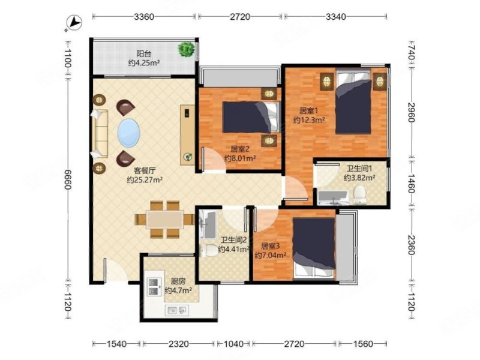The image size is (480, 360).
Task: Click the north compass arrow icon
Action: click(x=74, y=23)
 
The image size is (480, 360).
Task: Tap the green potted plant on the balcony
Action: click(x=187, y=49)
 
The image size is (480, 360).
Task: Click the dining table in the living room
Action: click(x=164, y=219)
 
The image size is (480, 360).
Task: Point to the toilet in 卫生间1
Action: click(x=360, y=196)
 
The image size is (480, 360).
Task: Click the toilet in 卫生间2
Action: click(x=208, y=251)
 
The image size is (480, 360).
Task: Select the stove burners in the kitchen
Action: click(x=155, y=287)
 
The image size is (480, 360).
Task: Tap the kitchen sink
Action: click(x=176, y=310)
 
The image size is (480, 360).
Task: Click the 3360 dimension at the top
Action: click(x=144, y=17)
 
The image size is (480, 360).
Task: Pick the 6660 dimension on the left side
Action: click(x=68, y=179)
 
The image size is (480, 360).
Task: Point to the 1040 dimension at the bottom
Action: click(x=233, y=344)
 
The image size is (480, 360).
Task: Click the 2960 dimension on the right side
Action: click(x=411, y=112)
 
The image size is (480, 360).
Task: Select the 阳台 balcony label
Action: click(x=144, y=54)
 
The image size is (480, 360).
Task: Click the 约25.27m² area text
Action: click(x=145, y=179)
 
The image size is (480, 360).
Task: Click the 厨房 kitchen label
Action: click(x=178, y=281)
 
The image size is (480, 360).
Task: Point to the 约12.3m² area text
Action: click(x=309, y=120)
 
